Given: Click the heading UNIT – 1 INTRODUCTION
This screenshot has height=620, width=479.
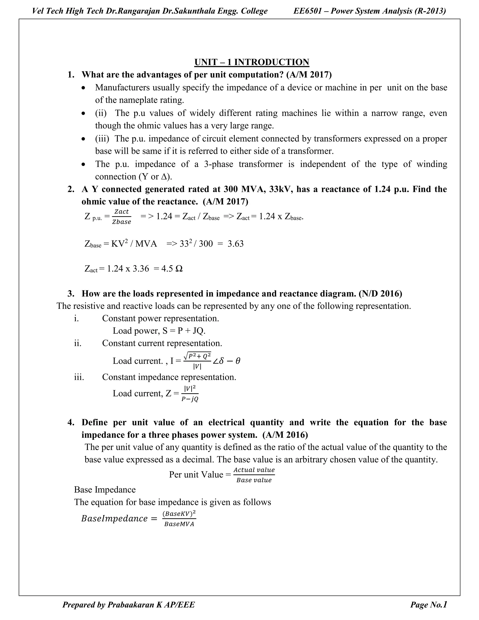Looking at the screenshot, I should (x=251, y=62).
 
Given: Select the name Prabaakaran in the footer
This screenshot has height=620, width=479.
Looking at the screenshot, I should (x=131, y=605).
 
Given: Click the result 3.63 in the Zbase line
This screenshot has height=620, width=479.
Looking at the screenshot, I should (x=235, y=244).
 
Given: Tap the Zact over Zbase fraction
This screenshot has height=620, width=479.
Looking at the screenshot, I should (x=121, y=217).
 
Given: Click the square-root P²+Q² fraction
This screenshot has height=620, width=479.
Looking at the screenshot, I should (x=197, y=361).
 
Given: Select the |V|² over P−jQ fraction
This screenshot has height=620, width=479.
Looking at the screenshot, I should (x=190, y=394).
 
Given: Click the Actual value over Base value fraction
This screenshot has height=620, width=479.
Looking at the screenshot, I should (x=254, y=475).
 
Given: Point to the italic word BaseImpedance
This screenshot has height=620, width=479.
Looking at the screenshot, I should (x=114, y=519).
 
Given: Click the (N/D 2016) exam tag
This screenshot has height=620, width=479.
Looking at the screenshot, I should (x=380, y=294).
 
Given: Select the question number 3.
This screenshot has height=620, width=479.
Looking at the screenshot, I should (x=71, y=294).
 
